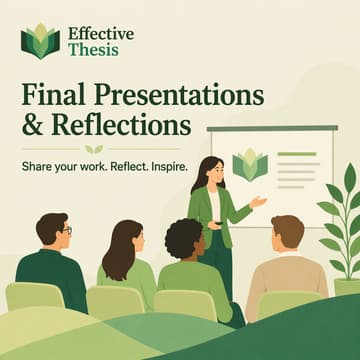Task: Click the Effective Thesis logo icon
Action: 40,41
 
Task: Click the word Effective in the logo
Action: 101,32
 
